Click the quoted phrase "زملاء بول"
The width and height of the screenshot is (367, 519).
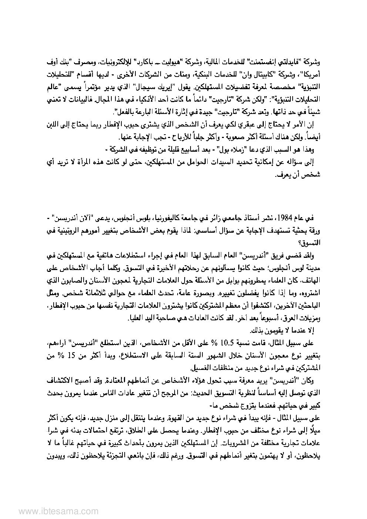point(228,149)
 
